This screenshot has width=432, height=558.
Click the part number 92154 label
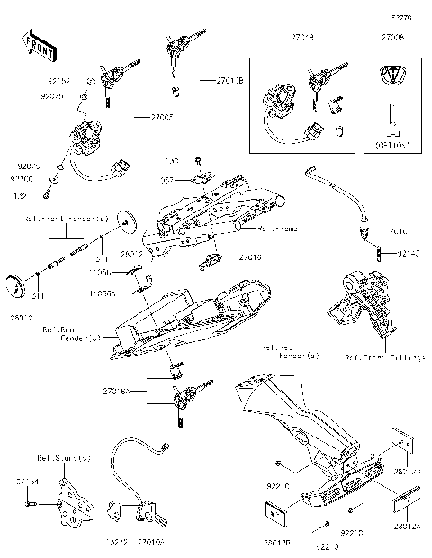(27, 481)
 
